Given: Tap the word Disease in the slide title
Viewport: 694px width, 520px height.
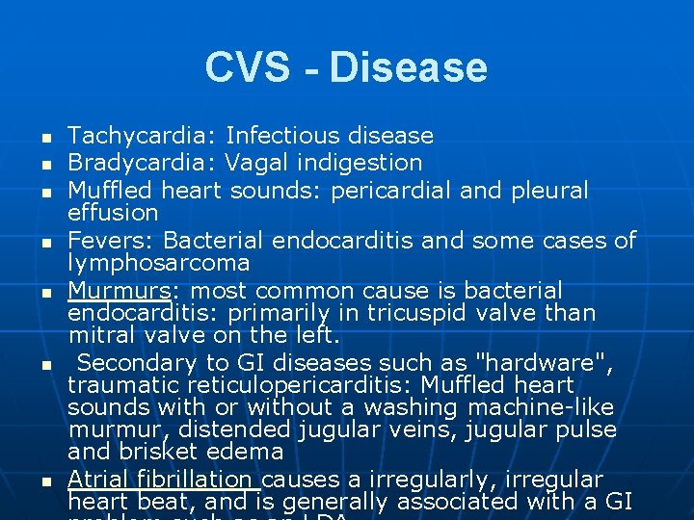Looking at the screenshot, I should tap(408, 67).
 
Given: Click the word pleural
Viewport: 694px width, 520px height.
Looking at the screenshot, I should tap(549, 190).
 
